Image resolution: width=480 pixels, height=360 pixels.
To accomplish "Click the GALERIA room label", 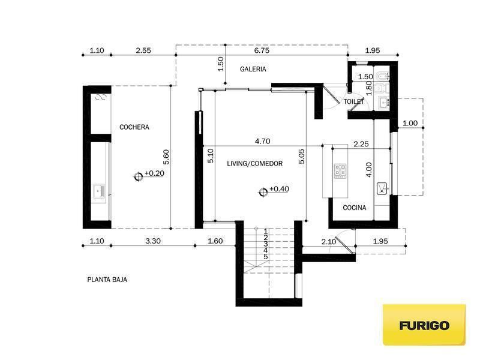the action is click(253, 69).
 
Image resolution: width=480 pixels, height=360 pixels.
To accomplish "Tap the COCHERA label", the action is click(134, 127).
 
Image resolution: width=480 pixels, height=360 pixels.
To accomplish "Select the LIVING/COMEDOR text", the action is click(254, 163).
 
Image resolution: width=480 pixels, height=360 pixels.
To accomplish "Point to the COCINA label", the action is click(354, 208).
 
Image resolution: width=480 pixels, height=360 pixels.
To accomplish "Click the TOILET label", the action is click(354, 101).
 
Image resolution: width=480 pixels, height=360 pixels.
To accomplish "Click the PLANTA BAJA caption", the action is click(107, 280).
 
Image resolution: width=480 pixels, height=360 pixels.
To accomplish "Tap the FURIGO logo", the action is click(424, 325).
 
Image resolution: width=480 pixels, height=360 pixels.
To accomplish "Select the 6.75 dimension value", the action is click(262, 50).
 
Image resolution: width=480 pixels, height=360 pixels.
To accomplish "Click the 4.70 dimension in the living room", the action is click(262, 141).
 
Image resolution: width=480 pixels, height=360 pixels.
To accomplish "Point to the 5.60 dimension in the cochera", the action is click(166, 157).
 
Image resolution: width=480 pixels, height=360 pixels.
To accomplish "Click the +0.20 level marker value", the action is click(154, 173).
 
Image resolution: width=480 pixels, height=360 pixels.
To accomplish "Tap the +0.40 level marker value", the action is click(279, 189).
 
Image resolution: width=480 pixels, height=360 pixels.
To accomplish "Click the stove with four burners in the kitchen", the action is click(340, 170).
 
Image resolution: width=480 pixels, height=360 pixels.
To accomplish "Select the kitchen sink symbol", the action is click(382, 188).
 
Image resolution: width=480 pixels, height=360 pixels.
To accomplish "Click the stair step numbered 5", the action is click(265, 257).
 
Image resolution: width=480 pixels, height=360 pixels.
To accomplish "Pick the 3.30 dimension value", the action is click(153, 241).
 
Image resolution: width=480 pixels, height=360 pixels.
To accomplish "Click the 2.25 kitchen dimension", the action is click(361, 144).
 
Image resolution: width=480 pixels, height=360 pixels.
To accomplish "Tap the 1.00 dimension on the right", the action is click(410, 123).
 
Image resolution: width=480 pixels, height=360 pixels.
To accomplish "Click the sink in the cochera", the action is click(99, 191).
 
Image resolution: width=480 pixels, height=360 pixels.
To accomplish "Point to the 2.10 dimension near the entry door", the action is click(328, 242).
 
